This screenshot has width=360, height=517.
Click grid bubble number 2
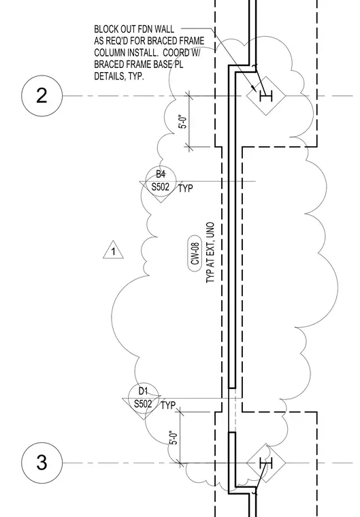[x=42, y=96]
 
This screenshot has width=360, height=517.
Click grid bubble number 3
[x=42, y=463]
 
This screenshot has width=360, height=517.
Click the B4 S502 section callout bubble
[x=161, y=182]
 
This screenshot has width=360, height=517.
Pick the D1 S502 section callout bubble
[x=143, y=399]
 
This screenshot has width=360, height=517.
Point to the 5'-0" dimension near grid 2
[x=184, y=122]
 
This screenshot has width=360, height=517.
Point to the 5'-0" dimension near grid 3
[x=174, y=437]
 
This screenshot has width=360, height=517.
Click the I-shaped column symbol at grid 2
[x=266, y=97]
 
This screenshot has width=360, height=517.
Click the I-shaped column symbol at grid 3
[x=266, y=463]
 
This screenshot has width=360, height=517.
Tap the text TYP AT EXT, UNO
[x=210, y=252]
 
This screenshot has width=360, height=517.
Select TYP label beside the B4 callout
[x=186, y=188]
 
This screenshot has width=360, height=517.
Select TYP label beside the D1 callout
[x=168, y=405]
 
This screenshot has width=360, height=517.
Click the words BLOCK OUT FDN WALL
[x=134, y=29]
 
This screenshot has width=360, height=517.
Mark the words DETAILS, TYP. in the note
[x=119, y=76]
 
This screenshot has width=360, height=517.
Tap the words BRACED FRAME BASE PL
[x=139, y=65]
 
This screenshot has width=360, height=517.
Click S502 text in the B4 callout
[x=161, y=187]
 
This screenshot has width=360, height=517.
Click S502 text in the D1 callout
[x=143, y=404]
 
